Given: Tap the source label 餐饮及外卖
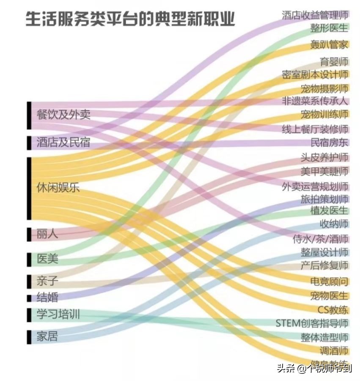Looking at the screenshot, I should (63, 114).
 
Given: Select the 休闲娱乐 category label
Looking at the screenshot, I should (58, 188).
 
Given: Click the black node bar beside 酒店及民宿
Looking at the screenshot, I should (29, 143).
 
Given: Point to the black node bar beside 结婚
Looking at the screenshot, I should (29, 298).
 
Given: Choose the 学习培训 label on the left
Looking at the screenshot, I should (58, 315).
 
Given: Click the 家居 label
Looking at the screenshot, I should (47, 337).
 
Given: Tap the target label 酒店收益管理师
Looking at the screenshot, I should (315, 15).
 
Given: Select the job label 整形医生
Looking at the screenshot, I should (329, 28).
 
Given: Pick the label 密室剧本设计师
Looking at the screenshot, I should (315, 75).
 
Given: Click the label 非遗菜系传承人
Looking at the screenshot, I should (315, 101).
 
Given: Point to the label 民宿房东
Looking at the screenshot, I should (330, 142).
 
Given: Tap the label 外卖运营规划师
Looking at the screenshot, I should (315, 186).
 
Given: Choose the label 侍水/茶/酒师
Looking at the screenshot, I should (320, 238).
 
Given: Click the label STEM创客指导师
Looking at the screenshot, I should (312, 323).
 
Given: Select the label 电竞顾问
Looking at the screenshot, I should (329, 281).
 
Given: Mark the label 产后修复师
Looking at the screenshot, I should (324, 265).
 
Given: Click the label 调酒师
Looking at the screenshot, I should (334, 351).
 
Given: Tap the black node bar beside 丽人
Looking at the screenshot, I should (29, 234).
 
